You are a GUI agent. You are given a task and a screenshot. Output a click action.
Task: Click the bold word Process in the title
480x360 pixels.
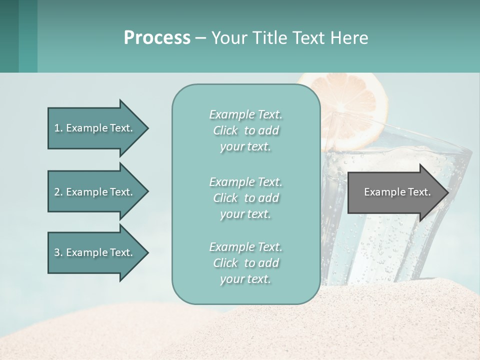[x=157, y=38]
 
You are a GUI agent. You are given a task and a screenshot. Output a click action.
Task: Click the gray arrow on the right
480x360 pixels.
[x=395, y=192]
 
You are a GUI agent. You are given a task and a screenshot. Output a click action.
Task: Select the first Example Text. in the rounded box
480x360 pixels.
[x=245, y=114]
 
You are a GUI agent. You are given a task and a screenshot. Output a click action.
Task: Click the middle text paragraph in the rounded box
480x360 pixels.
[x=245, y=198]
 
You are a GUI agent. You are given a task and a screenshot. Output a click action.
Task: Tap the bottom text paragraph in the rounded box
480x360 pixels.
[x=245, y=263]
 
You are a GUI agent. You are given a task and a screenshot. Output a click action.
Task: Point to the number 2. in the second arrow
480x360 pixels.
[x=58, y=192]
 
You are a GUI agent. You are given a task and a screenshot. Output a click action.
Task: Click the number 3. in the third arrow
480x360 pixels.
[x=58, y=252]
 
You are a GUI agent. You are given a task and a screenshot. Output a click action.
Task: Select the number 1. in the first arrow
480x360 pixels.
[x=58, y=128]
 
